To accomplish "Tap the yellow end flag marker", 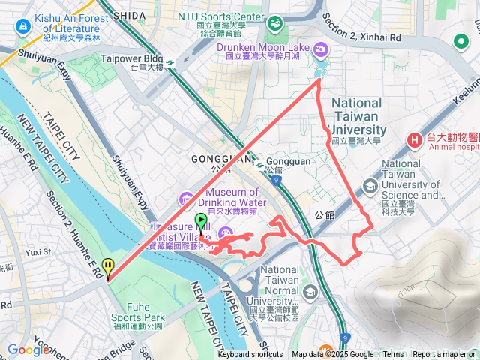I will (109, 267).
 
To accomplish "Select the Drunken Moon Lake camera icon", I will (322, 49).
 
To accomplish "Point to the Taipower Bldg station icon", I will (172, 62).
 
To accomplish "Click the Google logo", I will (29, 349).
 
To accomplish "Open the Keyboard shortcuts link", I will (250, 355).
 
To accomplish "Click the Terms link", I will (393, 355).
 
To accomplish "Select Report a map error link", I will (444, 355).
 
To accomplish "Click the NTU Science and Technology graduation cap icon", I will (370, 185).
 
